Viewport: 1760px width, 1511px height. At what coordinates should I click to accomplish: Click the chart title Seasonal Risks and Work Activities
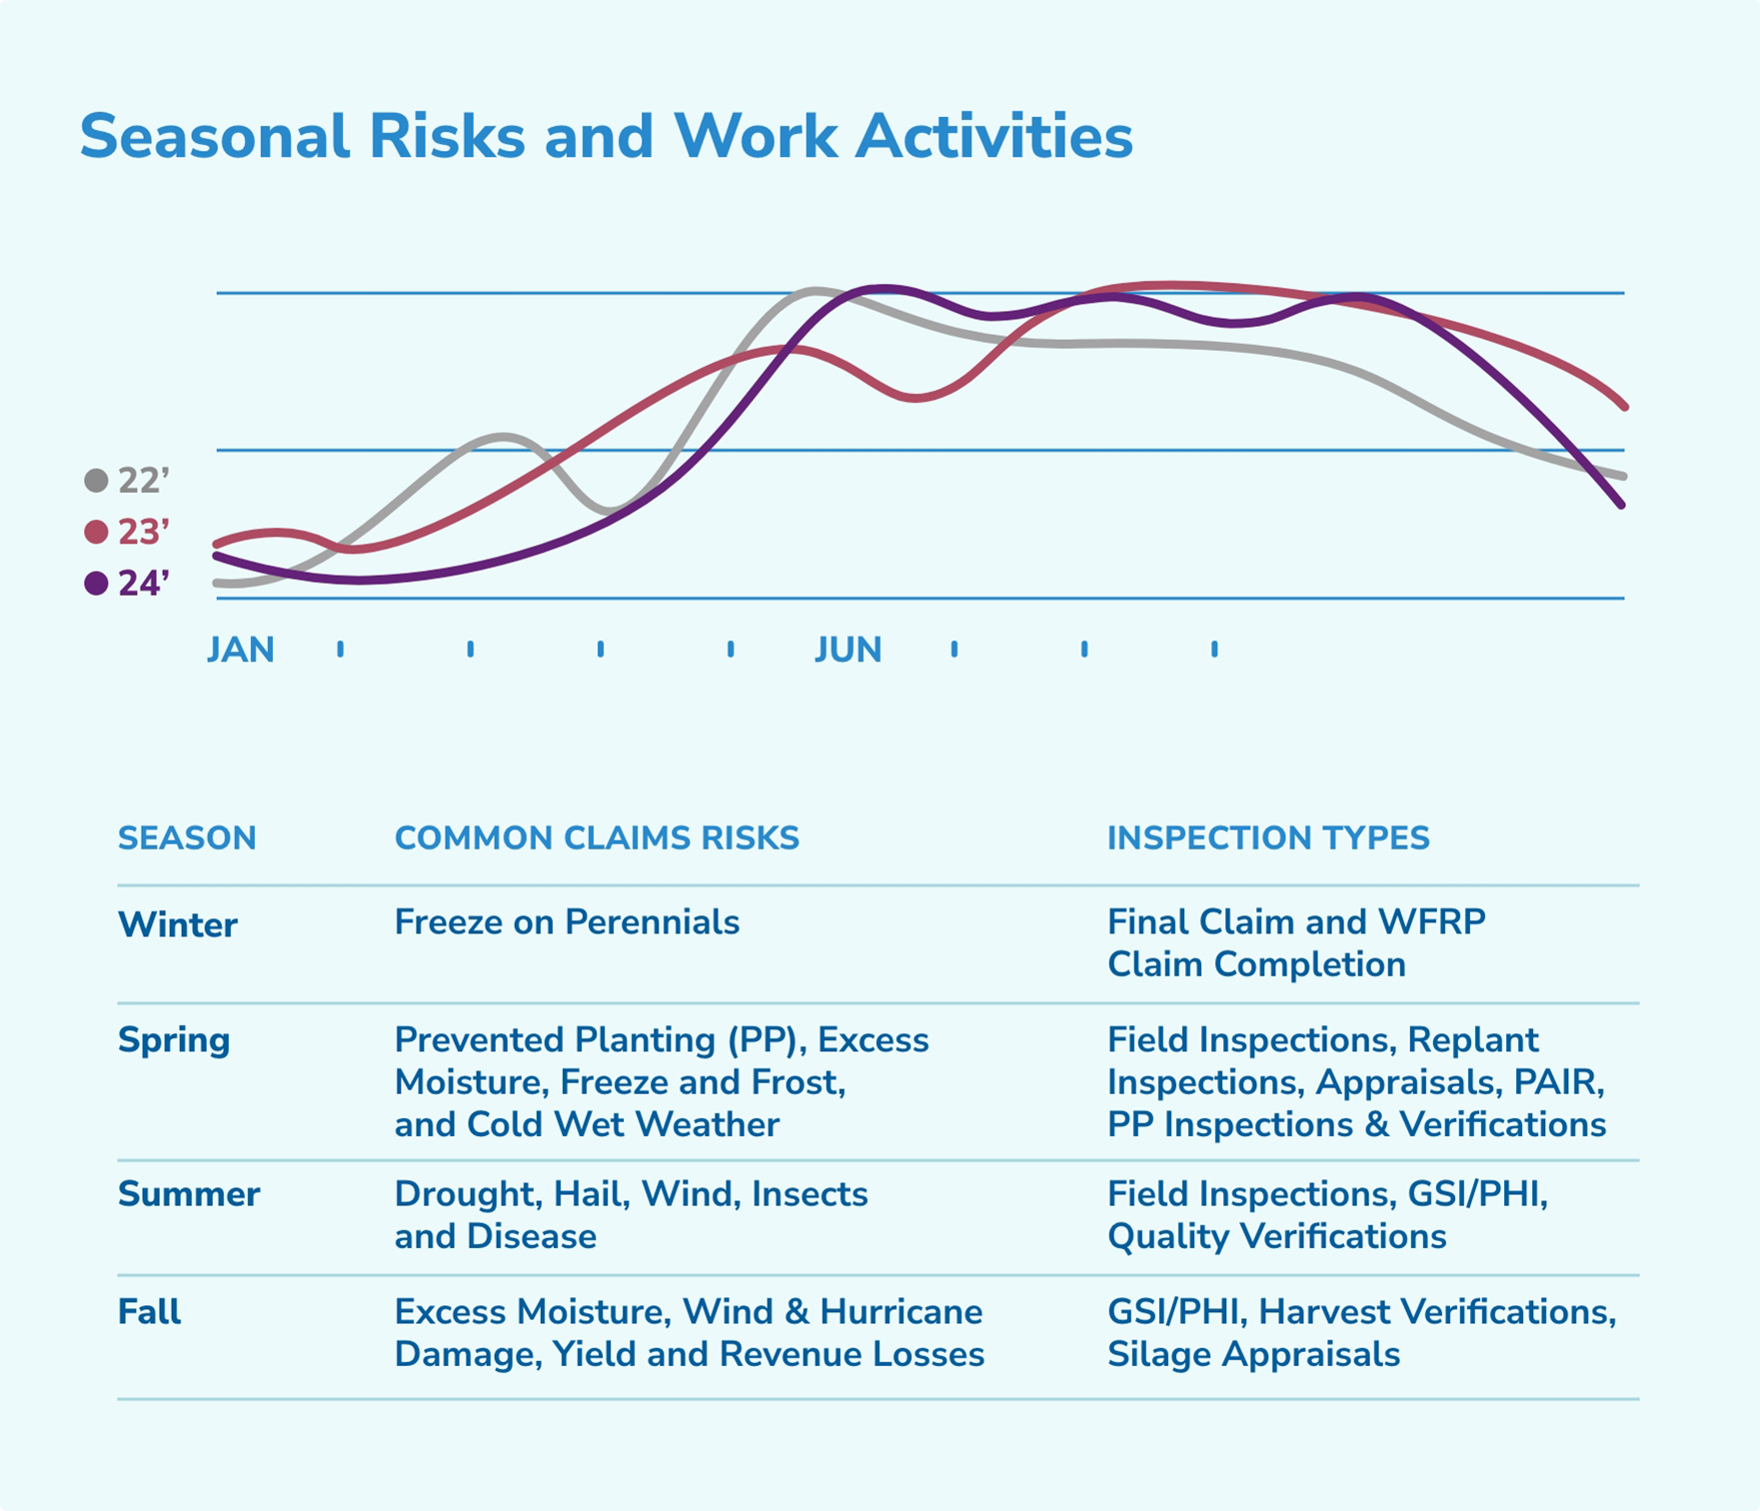(606, 136)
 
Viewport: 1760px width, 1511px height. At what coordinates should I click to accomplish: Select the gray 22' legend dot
(96, 481)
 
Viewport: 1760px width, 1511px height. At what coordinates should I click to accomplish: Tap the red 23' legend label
(144, 533)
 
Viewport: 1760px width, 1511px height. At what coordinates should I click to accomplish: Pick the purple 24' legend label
(144, 584)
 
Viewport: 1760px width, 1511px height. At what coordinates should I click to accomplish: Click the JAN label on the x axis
(240, 651)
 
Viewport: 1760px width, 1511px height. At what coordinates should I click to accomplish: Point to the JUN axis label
(848, 651)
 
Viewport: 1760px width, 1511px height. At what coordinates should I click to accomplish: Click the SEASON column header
(187, 838)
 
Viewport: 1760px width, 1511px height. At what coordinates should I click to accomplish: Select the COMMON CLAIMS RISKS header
(597, 838)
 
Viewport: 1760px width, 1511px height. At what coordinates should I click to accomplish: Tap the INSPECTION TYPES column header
(1267, 838)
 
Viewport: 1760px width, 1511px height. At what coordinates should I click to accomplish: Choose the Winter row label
(177, 924)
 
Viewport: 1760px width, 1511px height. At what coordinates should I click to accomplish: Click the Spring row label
(174, 1040)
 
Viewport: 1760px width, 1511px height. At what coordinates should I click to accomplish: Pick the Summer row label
(189, 1194)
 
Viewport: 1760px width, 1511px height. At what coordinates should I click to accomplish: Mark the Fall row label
(149, 1312)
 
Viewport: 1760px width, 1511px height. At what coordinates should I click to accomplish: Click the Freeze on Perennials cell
(567, 922)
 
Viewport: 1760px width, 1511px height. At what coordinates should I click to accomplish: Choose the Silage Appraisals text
(1253, 1355)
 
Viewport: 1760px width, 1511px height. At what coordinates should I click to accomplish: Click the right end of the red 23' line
(1623, 405)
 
